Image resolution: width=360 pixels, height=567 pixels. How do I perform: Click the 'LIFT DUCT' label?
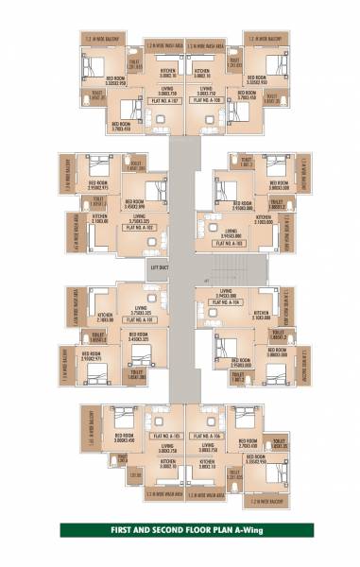point(158,269)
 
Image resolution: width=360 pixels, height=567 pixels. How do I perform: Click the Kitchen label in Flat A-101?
point(106,317)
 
